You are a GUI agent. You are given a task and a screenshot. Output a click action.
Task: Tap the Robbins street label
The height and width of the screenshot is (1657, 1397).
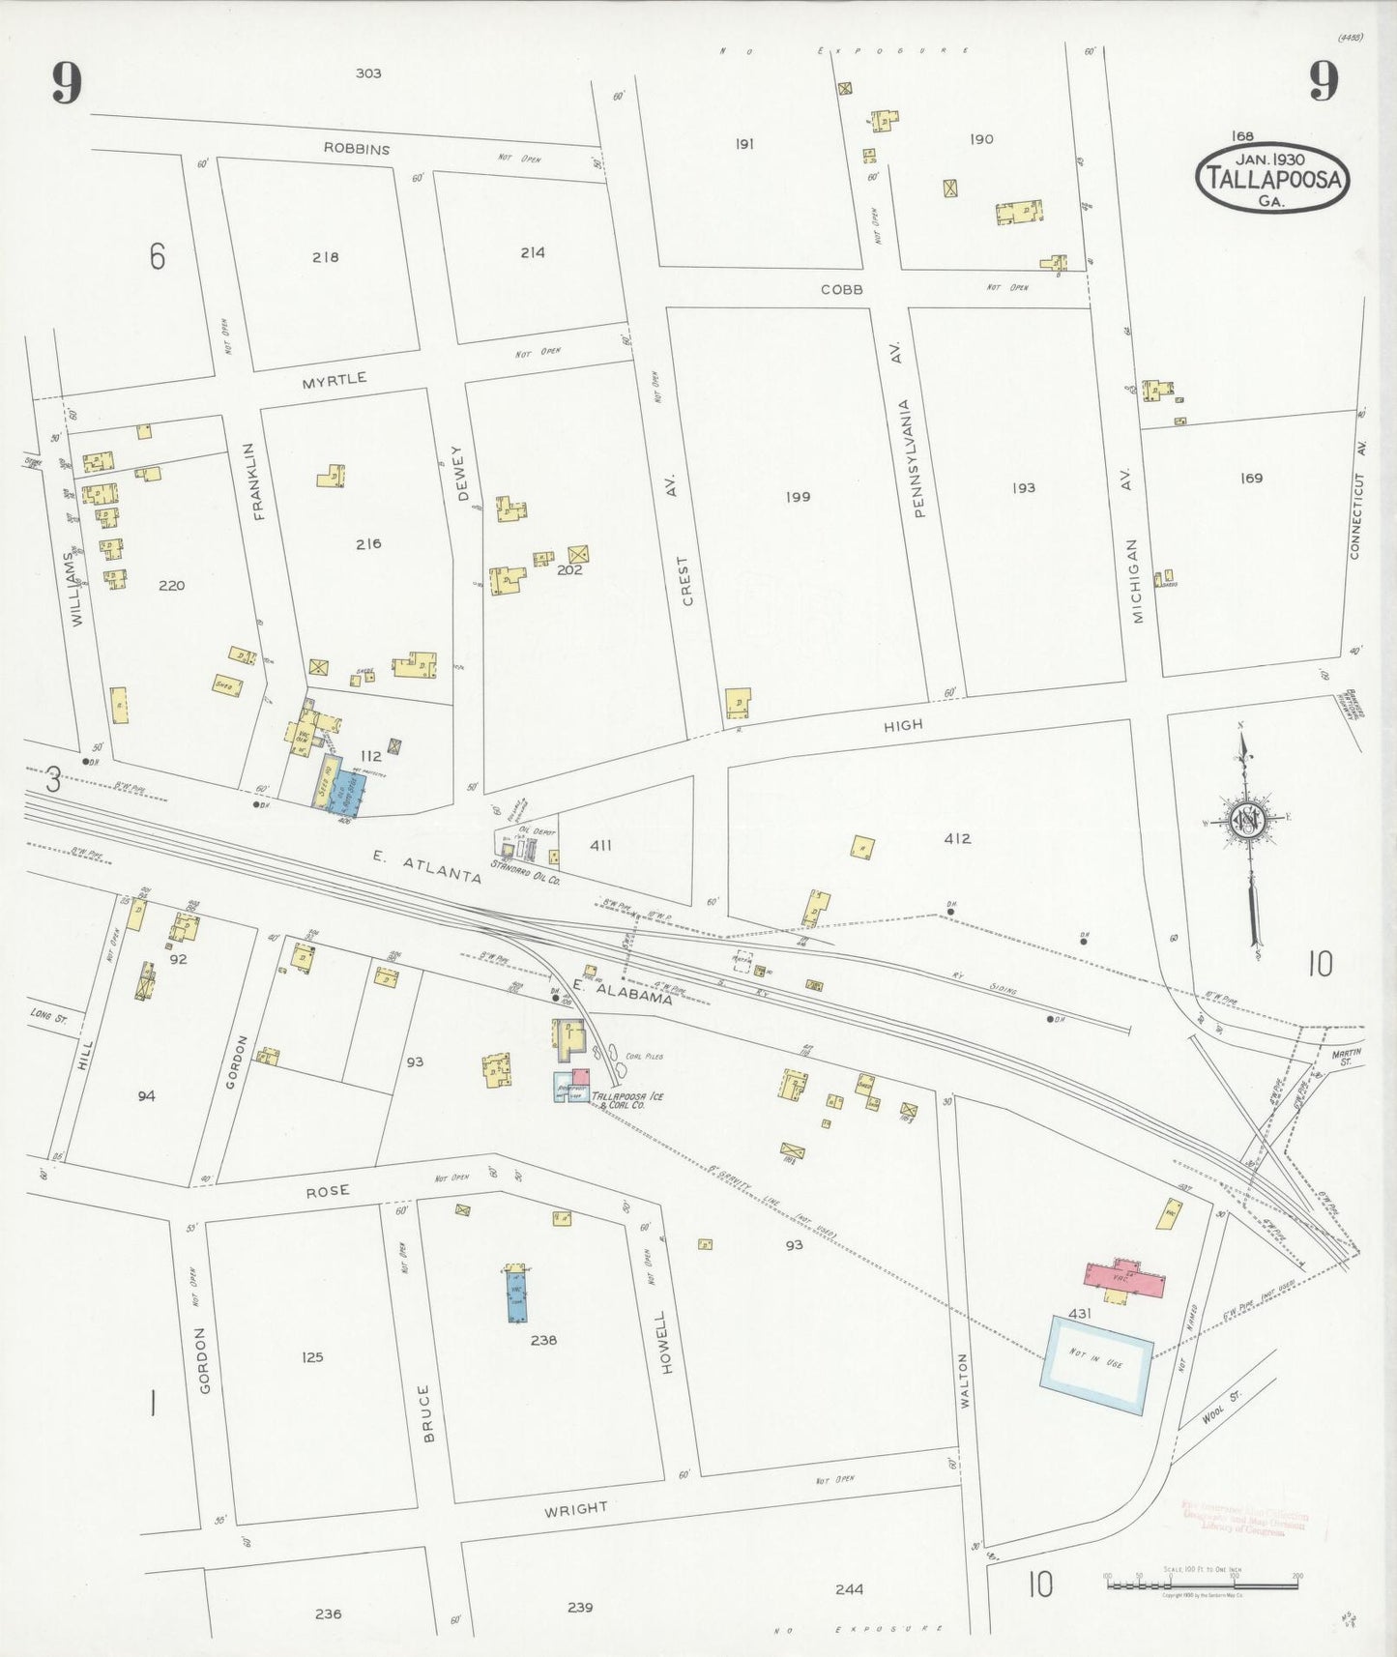357,149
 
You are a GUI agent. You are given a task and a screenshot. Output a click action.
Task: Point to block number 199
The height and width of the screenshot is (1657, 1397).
798,497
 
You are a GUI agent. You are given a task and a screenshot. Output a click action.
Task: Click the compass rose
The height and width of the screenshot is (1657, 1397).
1247,820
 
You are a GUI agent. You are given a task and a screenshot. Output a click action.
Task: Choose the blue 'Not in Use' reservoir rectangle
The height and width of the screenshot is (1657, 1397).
1096,1364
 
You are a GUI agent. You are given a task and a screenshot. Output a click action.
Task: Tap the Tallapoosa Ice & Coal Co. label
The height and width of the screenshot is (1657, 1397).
627,1099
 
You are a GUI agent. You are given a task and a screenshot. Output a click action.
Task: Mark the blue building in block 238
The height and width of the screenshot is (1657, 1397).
517,1295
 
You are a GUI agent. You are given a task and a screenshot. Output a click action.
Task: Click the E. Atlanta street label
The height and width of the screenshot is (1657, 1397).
427,865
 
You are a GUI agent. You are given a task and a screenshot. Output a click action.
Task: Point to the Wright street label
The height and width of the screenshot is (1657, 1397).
576,1509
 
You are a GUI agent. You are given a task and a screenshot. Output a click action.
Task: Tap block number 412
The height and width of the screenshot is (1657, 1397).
957,839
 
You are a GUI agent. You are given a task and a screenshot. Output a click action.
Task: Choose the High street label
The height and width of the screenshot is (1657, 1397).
903,724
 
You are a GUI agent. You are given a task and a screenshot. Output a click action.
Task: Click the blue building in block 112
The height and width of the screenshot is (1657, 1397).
339,789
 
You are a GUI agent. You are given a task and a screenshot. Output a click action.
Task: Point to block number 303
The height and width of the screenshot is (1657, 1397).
368,73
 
